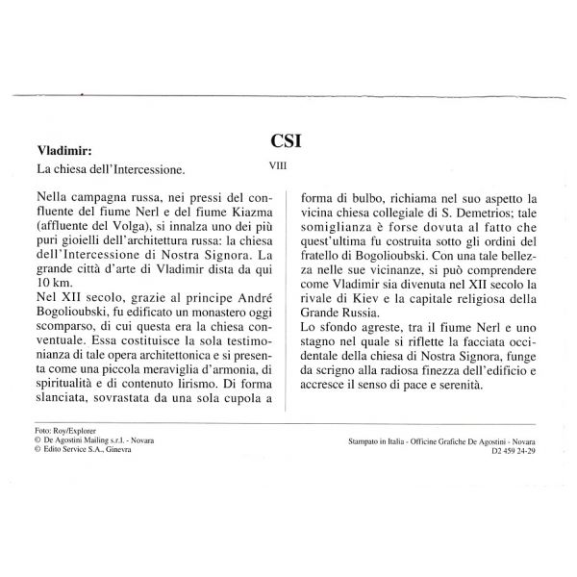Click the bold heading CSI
[x=288, y=139]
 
